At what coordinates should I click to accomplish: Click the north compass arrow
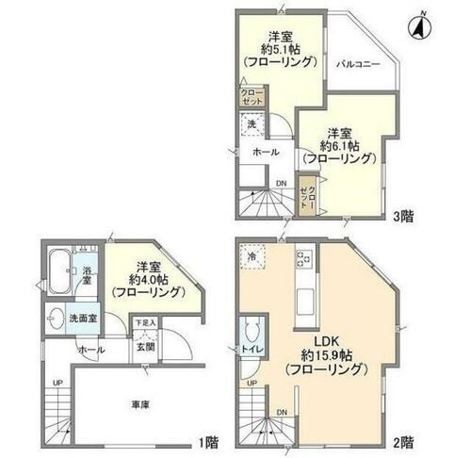tap(416, 27)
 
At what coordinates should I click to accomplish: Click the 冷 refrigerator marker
tap(252, 255)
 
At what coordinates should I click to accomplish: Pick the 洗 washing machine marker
tap(252, 123)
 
